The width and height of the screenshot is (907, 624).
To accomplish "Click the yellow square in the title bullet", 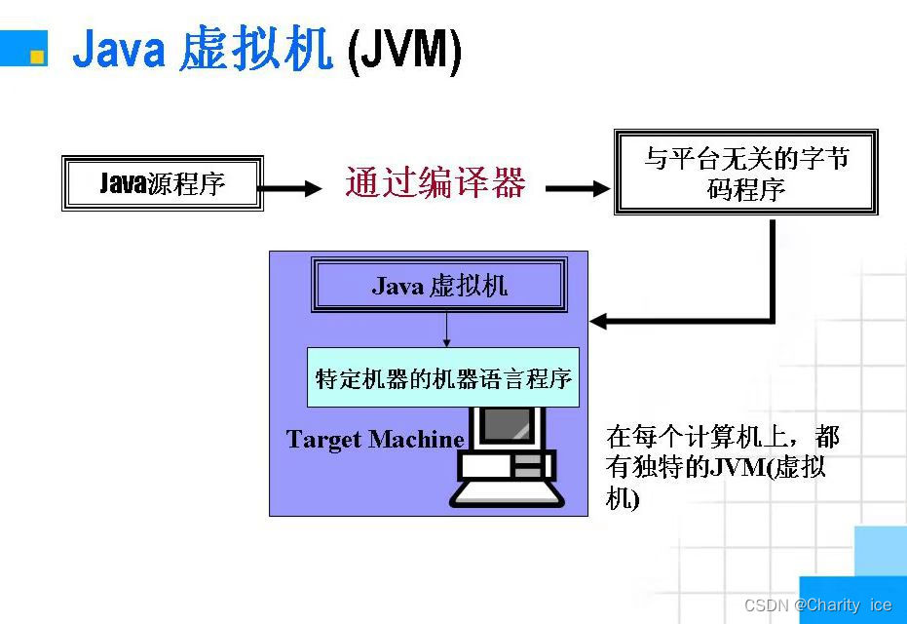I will [x=37, y=57].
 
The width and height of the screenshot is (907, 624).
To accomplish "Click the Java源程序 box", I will [x=163, y=183].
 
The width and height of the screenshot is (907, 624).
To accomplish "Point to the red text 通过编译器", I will [x=435, y=183].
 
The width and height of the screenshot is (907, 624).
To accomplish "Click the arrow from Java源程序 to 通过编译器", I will [x=293, y=187].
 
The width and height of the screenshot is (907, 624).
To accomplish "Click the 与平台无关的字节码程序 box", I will [x=745, y=172].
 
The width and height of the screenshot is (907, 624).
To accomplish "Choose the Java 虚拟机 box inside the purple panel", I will [x=438, y=285].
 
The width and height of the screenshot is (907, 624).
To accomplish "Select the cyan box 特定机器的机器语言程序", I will [x=443, y=378].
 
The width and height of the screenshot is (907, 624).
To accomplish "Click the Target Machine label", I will [x=375, y=440].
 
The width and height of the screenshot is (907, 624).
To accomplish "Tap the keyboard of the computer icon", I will [x=507, y=494].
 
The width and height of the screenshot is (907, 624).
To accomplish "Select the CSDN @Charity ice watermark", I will [x=817, y=605].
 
